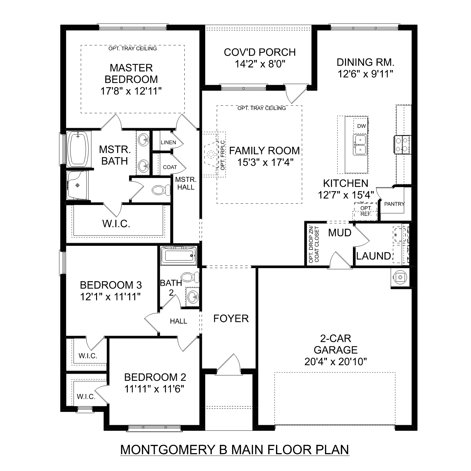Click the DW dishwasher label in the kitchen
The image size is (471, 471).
click(361, 126)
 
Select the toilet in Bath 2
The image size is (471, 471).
click(190, 277)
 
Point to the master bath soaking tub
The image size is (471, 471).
click(78, 149)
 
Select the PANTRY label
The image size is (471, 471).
click(394, 204)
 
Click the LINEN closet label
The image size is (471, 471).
click(168, 142)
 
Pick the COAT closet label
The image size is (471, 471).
click(170, 167)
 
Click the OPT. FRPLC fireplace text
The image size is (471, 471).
click(223, 155)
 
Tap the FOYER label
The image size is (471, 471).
click(231, 318)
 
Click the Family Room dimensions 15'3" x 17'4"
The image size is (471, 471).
click(265, 163)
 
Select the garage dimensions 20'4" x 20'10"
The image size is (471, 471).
click(335, 362)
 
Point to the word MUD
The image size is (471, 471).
click(339, 233)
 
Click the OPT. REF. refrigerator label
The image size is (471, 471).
click(366, 211)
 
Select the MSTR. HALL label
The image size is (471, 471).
click(186, 183)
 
